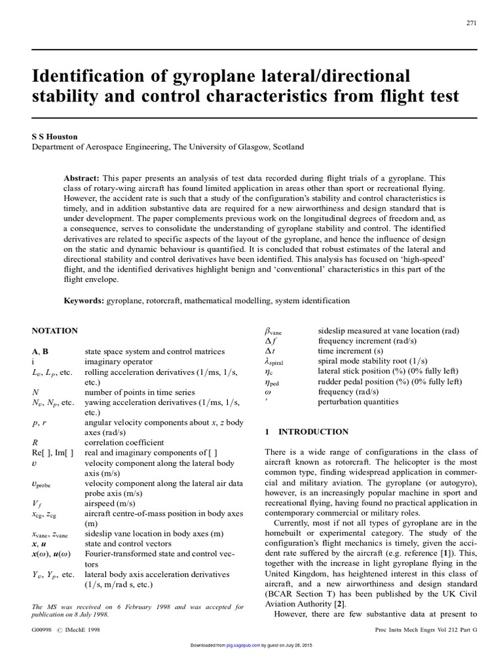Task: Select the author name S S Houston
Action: point(56,136)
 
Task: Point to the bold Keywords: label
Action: point(84,300)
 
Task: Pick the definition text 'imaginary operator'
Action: point(118,361)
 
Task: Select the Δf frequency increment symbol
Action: point(268,341)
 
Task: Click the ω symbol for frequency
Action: point(266,391)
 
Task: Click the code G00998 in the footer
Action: point(43,629)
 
